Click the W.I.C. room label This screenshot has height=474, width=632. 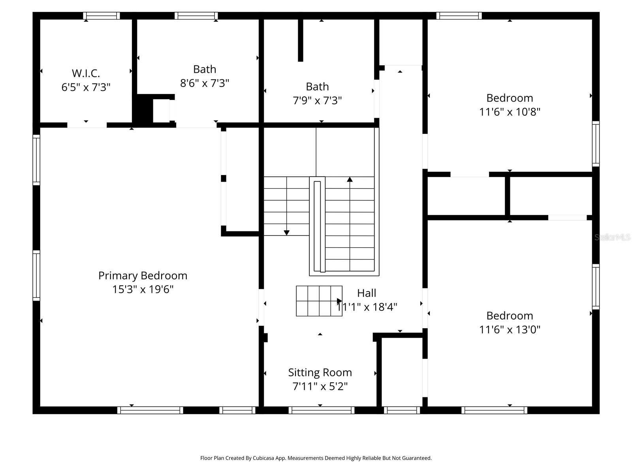pos(86,73)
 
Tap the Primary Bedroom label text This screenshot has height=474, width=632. pos(143,275)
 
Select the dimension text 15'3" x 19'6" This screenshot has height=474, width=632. pos(143,290)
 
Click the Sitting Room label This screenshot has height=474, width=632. pos(320,372)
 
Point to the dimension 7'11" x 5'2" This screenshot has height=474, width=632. pos(320,386)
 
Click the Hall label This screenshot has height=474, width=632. pos(367,293)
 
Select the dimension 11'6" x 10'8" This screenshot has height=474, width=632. pos(510,112)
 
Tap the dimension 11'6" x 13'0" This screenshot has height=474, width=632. pos(510,329)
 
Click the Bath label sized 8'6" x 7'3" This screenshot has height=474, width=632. pos(205,69)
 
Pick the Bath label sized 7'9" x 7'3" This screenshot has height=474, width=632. pos(317,87)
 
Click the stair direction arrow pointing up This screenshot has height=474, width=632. pos(350,180)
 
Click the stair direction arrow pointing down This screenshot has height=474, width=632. pos(287,233)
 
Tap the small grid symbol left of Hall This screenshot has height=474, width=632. pos(319,301)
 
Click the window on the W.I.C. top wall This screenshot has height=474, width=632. pos(102,16)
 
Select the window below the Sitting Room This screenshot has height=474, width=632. pos(321,410)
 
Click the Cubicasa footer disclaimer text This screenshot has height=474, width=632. pos(316,458)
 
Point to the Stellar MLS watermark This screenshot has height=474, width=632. pos(612,237)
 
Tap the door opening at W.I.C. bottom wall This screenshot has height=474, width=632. pos(87,125)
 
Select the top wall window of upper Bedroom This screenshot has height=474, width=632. pos(459,16)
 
